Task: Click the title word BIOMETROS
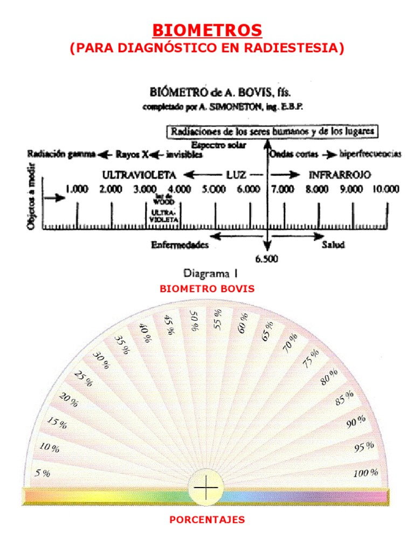[x=207, y=30]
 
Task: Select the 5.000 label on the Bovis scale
[x=213, y=189]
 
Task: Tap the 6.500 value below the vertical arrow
[x=267, y=259]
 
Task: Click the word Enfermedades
[x=179, y=244]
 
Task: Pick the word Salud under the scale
[x=333, y=244]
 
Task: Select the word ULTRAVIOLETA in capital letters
[x=139, y=175]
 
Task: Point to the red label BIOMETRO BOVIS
[x=207, y=289]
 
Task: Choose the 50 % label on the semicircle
[x=195, y=320]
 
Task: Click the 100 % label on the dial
[x=366, y=473]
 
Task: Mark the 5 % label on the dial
[x=43, y=474]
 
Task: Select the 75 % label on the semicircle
[x=311, y=359]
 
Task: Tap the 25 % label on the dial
[x=83, y=379]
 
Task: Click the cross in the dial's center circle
[x=205, y=489]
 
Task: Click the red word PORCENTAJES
[x=207, y=520]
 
